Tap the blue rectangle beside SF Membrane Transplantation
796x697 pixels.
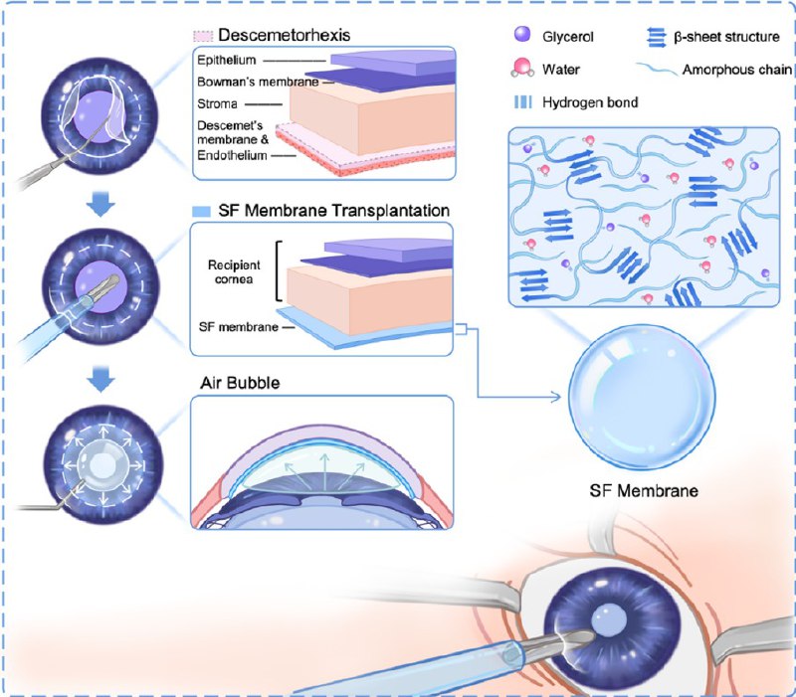(x=200, y=212)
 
